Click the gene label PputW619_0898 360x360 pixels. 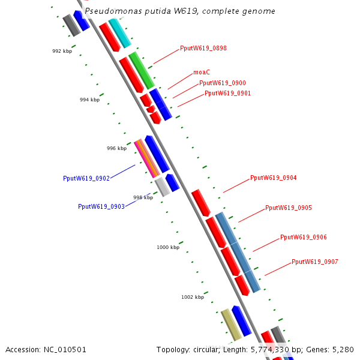[x=203, y=48]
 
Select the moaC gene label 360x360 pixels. [x=201, y=72]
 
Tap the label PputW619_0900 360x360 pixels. [x=222, y=83]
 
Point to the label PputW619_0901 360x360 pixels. [x=227, y=93]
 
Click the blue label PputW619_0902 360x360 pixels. [x=86, y=178]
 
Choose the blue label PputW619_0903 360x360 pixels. [x=101, y=206]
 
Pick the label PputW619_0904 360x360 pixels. [x=273, y=178]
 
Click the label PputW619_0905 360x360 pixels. [x=288, y=208]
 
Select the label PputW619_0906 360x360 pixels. [x=303, y=237]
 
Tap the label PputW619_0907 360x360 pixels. [x=314, y=262]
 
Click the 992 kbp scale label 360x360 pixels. [x=62, y=51]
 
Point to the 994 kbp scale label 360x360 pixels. [x=89, y=100]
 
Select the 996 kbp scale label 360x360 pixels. [x=116, y=148]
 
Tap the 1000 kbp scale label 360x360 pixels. [x=168, y=247]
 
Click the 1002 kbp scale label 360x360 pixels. [x=193, y=297]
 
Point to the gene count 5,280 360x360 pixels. [x=343, y=349]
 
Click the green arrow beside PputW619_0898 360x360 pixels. [x=142, y=70]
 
